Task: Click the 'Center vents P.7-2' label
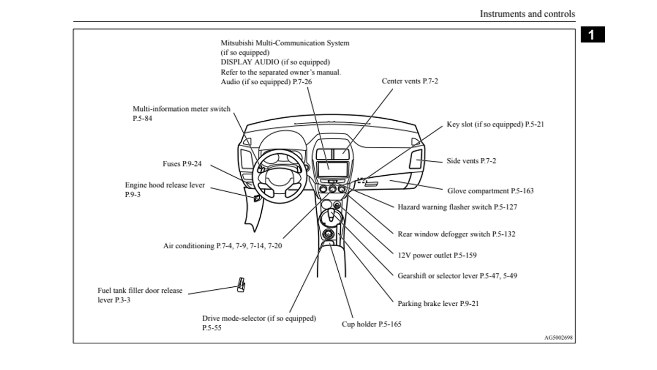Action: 410,81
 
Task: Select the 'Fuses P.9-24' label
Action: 182,164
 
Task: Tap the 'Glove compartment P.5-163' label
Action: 490,191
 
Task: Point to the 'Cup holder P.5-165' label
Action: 372,324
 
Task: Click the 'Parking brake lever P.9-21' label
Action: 438,304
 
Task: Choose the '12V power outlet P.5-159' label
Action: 437,255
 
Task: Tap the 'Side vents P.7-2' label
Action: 471,161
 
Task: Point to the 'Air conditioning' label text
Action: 222,246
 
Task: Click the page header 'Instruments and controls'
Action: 527,14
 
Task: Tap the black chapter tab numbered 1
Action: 592,35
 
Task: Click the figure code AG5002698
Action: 558,338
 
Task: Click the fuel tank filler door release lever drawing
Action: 241,284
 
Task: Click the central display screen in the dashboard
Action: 332,169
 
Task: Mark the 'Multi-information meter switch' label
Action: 181,109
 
